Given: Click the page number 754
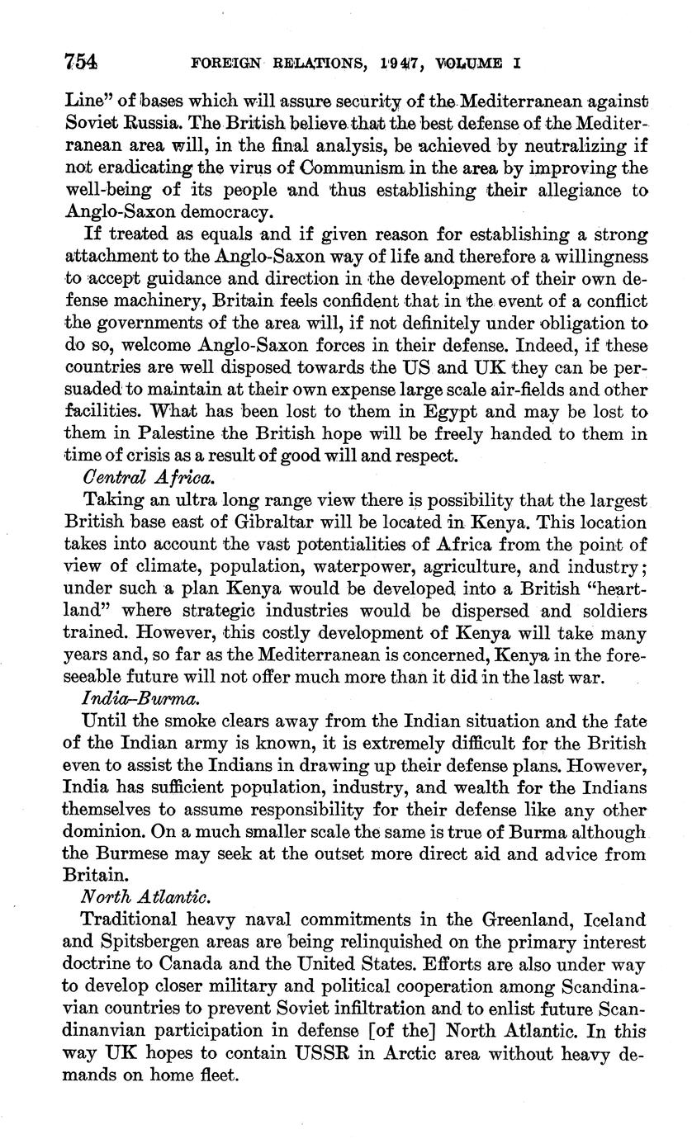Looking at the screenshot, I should click(x=81, y=61).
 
